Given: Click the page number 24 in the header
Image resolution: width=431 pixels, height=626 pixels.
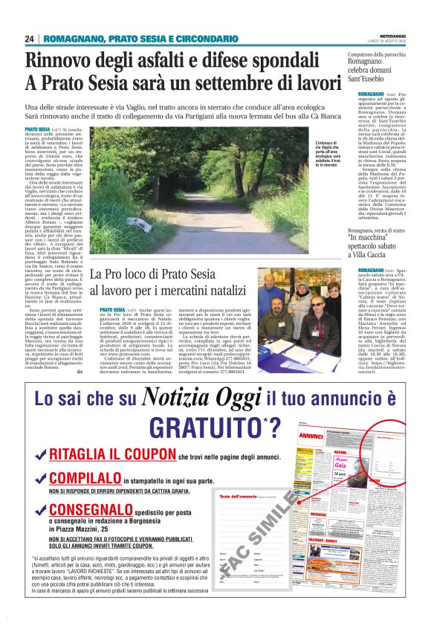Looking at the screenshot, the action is pyautogui.click(x=30, y=39).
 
